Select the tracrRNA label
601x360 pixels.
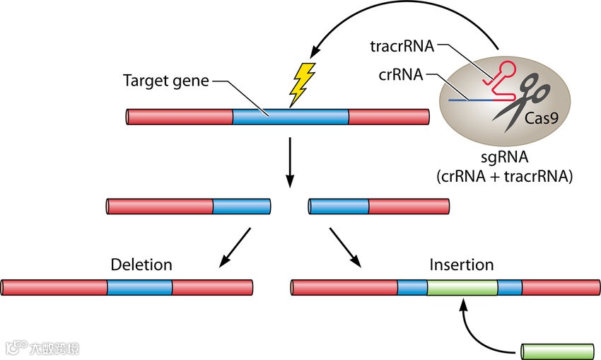tap(400, 47)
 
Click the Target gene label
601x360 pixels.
tap(165, 81)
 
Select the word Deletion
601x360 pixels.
tap(141, 265)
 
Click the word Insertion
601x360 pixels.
tap(462, 265)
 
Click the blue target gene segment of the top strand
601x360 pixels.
tap(291, 117)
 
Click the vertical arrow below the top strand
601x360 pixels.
tap(289, 162)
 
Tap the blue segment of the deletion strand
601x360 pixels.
tap(140, 287)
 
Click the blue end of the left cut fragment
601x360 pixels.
tap(241, 207)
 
